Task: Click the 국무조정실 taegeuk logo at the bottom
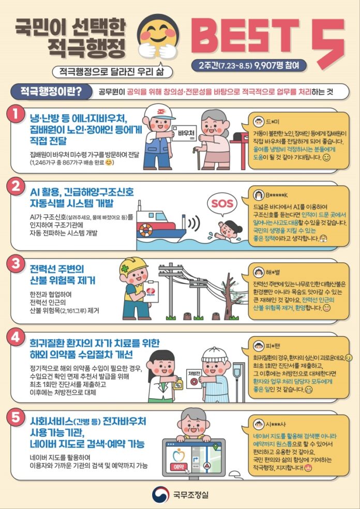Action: tap(161, 495)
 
